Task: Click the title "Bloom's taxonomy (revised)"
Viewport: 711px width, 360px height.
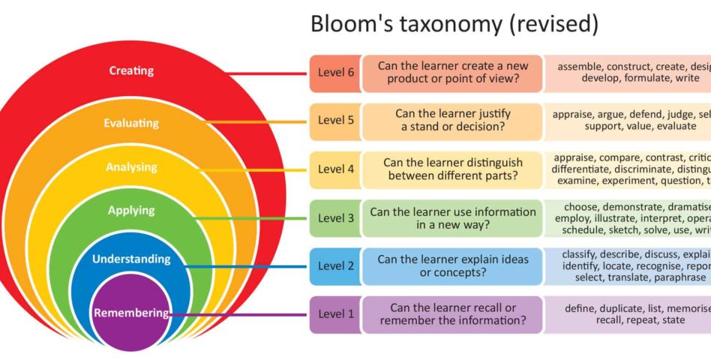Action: pos(454,25)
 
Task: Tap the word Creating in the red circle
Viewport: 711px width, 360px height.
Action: pos(131,71)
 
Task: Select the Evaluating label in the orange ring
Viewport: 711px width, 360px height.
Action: pos(131,123)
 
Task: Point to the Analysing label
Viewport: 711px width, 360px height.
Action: pos(131,167)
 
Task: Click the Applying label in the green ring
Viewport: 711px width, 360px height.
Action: pos(131,211)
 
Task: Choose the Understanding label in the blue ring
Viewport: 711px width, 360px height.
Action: pos(131,259)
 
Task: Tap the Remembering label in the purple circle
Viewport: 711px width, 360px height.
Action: pos(131,313)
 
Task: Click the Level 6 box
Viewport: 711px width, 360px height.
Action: pos(334,72)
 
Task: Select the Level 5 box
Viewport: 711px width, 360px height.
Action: pos(334,120)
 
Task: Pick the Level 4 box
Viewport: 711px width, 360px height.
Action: pos(334,169)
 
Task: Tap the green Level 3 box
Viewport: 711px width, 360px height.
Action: pos(334,218)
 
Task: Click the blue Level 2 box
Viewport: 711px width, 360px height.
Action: pos(334,265)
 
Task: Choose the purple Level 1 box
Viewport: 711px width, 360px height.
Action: pos(334,314)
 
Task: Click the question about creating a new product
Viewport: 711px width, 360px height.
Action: pos(452,72)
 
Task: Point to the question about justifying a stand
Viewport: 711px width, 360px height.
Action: pos(452,120)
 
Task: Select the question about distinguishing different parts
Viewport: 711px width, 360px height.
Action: pos(452,169)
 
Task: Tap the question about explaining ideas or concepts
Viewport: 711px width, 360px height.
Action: pos(452,265)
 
